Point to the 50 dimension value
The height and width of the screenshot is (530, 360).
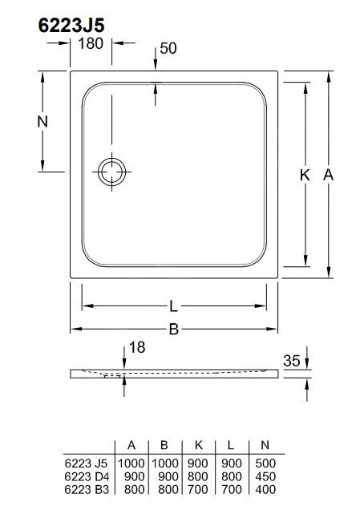(x=168, y=48)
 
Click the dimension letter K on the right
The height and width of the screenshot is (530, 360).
(x=305, y=175)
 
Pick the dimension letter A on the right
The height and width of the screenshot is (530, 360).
(x=328, y=175)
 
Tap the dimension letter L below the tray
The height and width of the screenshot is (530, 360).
(x=173, y=305)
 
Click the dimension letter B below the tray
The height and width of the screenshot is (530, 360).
(x=173, y=328)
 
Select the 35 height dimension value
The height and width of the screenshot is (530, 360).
(x=292, y=362)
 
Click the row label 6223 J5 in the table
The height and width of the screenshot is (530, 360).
(x=86, y=463)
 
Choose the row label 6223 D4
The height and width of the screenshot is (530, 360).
(x=86, y=475)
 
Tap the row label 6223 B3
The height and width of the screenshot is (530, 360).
(x=86, y=488)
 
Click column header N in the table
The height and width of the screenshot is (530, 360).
(x=264, y=446)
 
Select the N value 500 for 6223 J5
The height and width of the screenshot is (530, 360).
(x=264, y=463)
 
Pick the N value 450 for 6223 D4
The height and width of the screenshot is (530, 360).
(x=264, y=475)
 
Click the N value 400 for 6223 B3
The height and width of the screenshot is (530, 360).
(x=264, y=488)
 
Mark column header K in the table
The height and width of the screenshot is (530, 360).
(x=197, y=446)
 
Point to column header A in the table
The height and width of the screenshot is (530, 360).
(x=131, y=446)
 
